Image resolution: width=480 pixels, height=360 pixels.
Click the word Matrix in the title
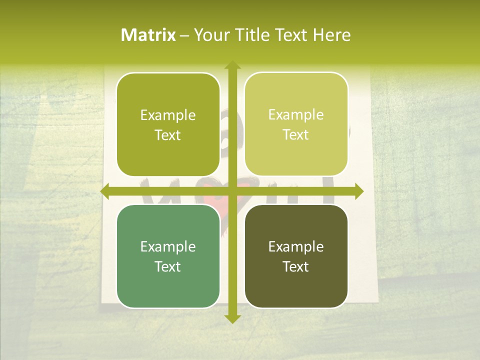(x=148, y=35)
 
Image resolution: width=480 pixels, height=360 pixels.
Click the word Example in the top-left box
(x=168, y=115)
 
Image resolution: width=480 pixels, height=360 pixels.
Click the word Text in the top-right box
(x=296, y=135)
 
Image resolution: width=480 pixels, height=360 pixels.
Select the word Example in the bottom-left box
(x=168, y=247)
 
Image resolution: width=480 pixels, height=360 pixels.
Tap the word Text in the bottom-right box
(x=296, y=266)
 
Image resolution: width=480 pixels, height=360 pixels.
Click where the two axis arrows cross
(x=232, y=191)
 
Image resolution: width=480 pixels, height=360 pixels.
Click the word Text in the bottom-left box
(x=168, y=266)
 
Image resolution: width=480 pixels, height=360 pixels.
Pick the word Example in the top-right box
(x=296, y=115)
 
